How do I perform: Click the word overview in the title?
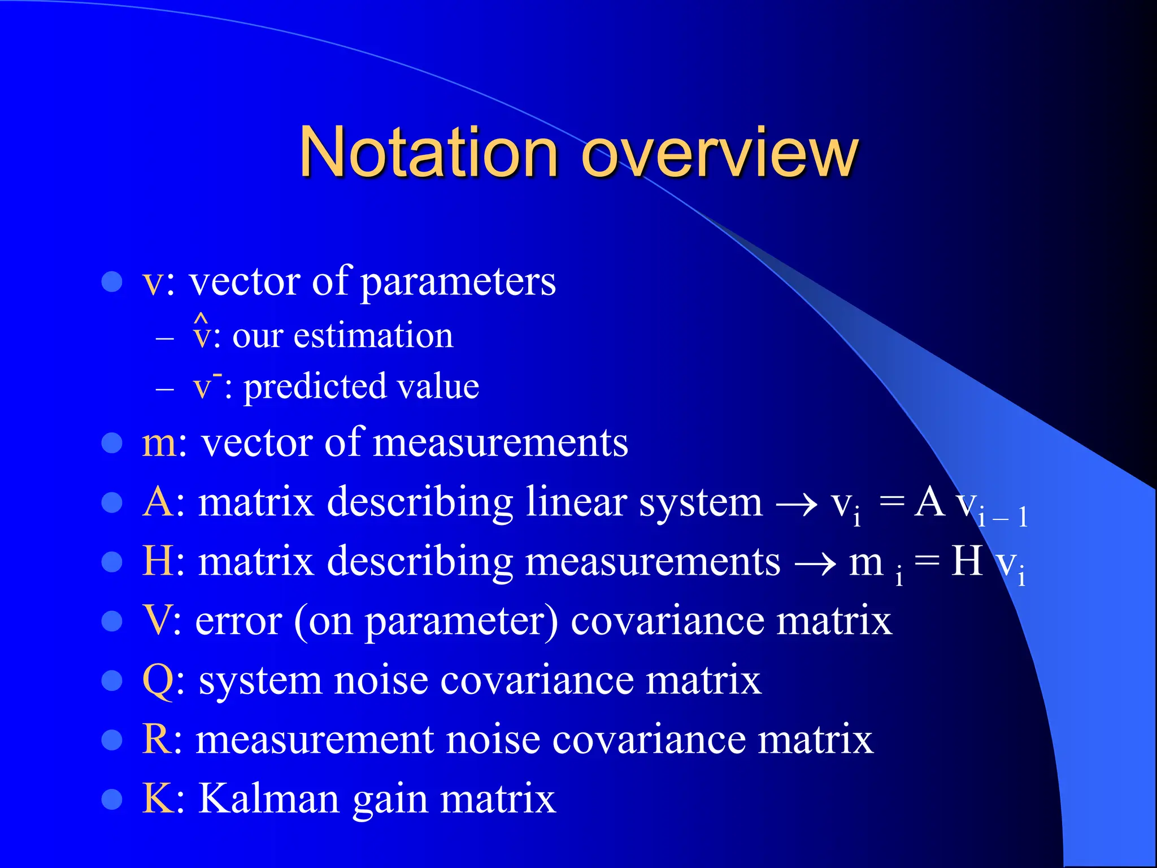click(720, 153)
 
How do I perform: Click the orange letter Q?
click(158, 680)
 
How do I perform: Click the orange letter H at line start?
click(158, 561)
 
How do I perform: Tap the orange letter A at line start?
click(158, 501)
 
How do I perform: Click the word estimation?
click(373, 336)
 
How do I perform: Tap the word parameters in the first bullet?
click(458, 282)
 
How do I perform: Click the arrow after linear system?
click(797, 504)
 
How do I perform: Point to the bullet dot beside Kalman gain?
click(112, 800)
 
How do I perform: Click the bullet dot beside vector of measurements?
click(112, 444)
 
